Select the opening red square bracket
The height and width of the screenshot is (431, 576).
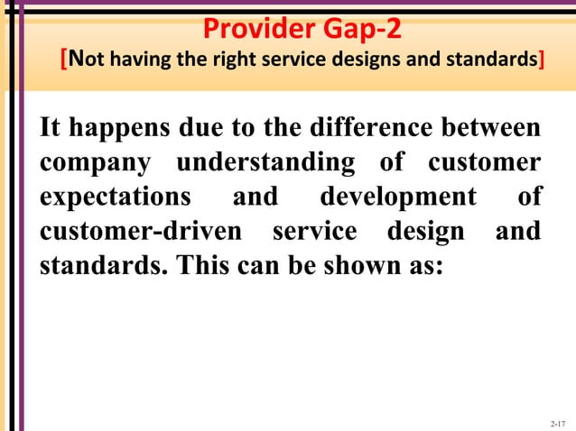point(63,61)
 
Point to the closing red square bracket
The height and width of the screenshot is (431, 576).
point(541,61)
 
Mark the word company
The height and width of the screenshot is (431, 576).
point(88,165)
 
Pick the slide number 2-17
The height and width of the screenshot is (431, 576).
point(556,422)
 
